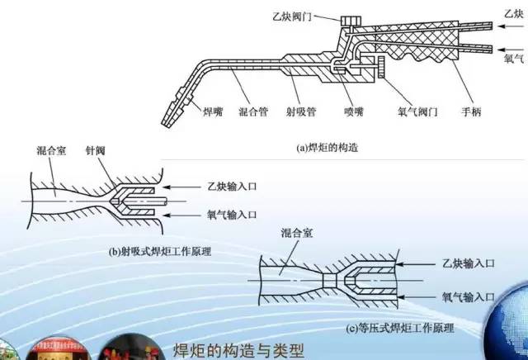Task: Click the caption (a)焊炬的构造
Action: pyautogui.click(x=330, y=149)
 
